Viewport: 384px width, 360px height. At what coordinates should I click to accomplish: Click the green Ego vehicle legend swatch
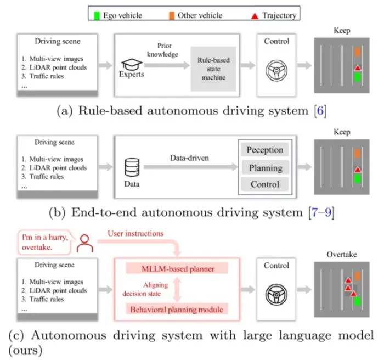pos(97,16)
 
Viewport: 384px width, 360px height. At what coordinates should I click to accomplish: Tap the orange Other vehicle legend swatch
pos(172,16)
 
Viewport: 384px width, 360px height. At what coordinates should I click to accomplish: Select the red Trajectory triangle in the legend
pos(255,16)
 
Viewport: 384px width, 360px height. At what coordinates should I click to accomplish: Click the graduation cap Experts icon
pos(132,64)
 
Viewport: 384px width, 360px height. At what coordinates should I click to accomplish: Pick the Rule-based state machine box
pos(213,69)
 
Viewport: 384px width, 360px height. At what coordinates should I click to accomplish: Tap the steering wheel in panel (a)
pos(276,71)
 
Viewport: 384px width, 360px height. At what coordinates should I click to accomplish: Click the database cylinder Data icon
pos(132,167)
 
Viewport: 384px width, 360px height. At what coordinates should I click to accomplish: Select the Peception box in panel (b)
pos(265,150)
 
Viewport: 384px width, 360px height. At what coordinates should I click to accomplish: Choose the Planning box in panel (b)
pos(266,168)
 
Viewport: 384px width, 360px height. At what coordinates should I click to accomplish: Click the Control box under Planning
pos(265,184)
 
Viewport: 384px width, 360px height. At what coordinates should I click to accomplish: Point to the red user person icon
pos(84,243)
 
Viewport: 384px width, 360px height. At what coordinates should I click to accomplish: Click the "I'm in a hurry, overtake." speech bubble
pos(44,243)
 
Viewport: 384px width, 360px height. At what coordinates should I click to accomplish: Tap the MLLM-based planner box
pos(177,269)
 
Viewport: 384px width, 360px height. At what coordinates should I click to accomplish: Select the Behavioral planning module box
pos(177,310)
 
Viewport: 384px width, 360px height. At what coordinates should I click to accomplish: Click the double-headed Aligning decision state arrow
pos(177,289)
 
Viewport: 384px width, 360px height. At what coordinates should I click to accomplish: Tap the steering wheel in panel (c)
pos(276,295)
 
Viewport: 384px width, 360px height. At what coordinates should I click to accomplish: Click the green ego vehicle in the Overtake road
pos(358,301)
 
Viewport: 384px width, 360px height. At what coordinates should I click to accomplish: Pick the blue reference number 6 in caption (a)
pos(320,111)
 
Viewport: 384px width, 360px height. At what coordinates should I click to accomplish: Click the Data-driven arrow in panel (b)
pos(190,167)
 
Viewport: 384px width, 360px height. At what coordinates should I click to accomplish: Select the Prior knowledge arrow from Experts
pos(167,65)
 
